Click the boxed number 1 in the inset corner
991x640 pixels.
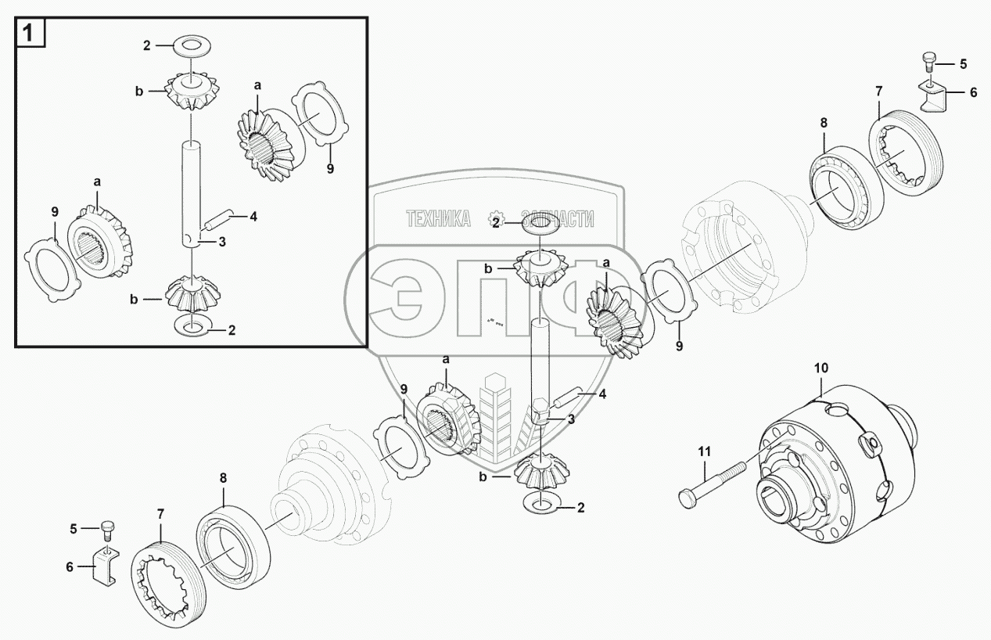28,33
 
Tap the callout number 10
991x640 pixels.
820,369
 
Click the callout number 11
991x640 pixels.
704,452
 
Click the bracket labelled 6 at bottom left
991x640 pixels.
105,567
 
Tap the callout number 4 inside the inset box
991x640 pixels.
253,217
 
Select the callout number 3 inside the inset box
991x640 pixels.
222,242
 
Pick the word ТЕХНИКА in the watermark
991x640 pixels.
438,218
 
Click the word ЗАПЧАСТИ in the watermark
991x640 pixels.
558,218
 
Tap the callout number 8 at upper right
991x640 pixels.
824,123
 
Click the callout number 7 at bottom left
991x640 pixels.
160,514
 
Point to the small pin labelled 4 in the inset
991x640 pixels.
217,219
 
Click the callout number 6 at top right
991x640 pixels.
973,92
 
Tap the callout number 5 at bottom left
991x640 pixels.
74,529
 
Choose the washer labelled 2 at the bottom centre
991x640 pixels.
541,505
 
